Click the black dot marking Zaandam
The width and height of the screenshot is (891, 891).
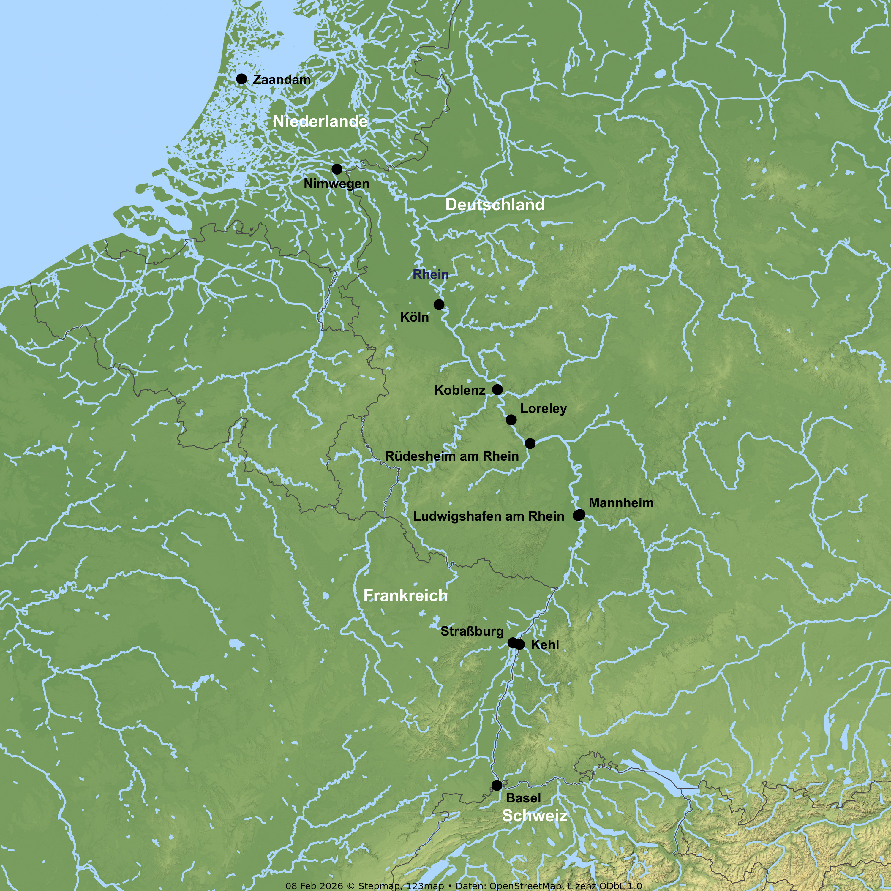tap(241, 79)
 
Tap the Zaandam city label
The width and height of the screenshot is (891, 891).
tap(282, 80)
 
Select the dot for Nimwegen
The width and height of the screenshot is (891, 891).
tap(337, 169)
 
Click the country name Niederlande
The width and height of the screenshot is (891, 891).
tap(320, 121)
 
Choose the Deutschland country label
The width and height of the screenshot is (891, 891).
tap(495, 205)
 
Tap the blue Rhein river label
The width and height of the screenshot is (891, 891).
tap(430, 274)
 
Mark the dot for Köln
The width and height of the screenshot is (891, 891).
tap(439, 304)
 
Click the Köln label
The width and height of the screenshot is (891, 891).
tap(414, 317)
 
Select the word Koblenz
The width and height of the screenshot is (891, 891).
tap(459, 391)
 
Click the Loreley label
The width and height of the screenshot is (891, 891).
tap(543, 409)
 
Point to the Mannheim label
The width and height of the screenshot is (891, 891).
tap(621, 503)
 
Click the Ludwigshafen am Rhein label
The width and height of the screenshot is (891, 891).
tap(488, 516)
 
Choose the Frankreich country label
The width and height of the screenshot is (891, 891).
tap(405, 595)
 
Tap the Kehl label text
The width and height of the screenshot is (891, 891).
tap(545, 645)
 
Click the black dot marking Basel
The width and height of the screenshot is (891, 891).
tap(497, 785)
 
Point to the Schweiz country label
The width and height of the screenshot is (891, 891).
tap(535, 815)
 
